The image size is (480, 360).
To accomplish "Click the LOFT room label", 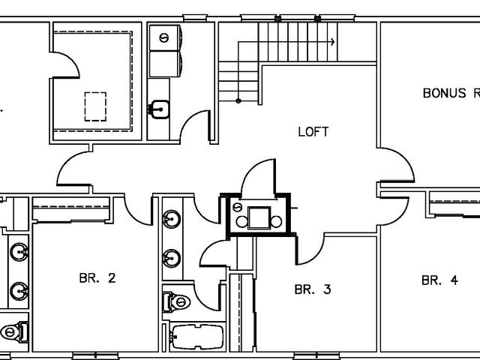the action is click(x=313, y=132).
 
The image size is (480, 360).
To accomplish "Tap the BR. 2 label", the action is click(x=97, y=278).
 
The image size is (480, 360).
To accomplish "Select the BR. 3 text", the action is click(x=313, y=289).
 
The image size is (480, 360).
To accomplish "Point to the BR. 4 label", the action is click(x=439, y=280).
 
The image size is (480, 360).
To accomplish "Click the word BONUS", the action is click(x=445, y=93).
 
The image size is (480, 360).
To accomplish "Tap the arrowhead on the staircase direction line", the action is click(x=333, y=42).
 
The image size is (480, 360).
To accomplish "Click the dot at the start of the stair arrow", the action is click(x=238, y=100).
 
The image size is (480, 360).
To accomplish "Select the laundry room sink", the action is click(x=159, y=109).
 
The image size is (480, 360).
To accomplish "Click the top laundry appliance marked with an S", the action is click(x=165, y=38).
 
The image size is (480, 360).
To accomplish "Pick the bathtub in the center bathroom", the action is click(x=197, y=337).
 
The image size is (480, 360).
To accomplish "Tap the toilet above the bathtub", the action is click(x=176, y=302).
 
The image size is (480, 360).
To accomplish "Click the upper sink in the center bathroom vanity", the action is click(x=172, y=219).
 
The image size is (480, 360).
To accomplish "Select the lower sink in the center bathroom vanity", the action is click(x=172, y=258).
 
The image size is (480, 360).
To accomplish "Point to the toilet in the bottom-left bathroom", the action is click(x=14, y=331).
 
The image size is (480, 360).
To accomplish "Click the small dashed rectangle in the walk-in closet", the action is click(x=95, y=106).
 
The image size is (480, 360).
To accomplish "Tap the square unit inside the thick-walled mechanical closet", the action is click(x=259, y=217).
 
